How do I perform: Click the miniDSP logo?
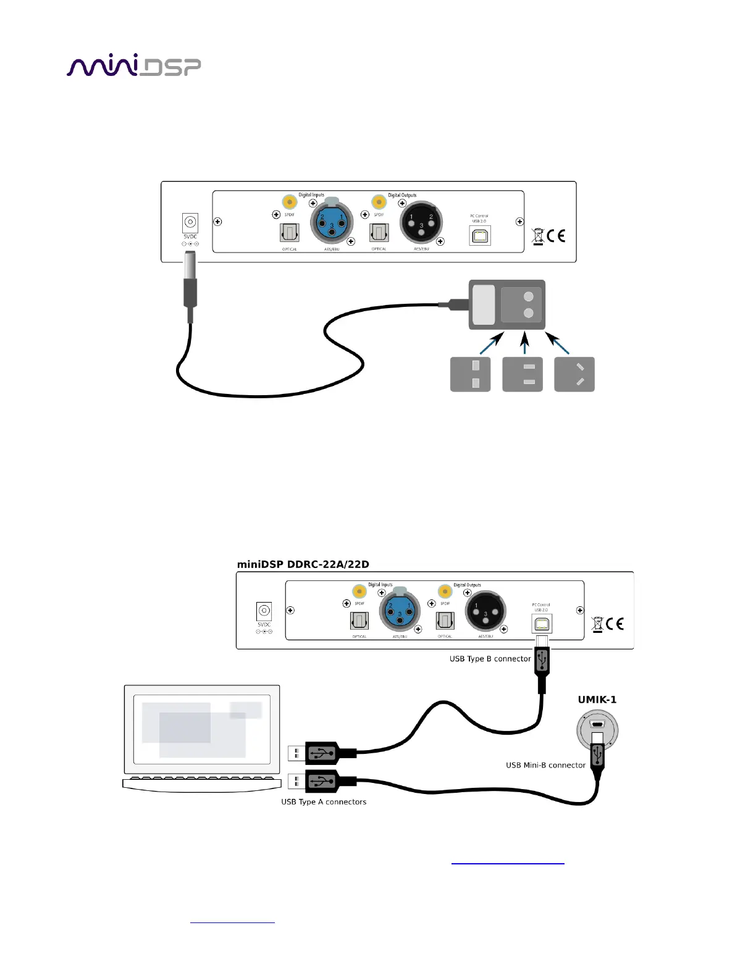[x=133, y=65]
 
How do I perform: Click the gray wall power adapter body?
[x=506, y=304]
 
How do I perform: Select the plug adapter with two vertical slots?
[x=470, y=374]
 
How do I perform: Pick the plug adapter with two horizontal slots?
[x=523, y=374]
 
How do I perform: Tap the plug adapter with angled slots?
[x=574, y=374]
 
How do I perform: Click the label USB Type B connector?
[x=490, y=659]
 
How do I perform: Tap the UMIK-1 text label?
[x=597, y=700]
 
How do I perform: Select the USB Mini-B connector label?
[x=545, y=765]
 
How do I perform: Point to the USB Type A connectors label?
[x=324, y=802]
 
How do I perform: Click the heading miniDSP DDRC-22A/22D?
[x=303, y=564]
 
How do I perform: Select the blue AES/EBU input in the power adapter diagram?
[x=332, y=223]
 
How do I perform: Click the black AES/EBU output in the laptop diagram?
[x=485, y=611]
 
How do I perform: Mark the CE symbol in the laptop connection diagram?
[x=615, y=624]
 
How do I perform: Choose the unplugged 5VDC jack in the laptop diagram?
[x=264, y=611]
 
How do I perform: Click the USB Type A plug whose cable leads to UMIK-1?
[x=322, y=782]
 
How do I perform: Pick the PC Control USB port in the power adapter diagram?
[x=480, y=236]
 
